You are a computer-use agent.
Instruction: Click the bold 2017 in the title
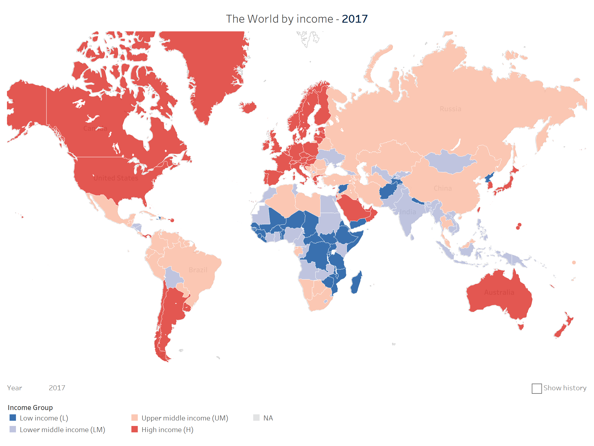point(354,19)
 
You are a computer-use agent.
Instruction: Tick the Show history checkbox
point(537,389)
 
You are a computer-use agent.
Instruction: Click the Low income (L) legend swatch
point(13,418)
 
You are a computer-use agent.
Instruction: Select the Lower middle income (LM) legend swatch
point(13,429)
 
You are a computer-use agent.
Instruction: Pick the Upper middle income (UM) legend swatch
point(135,418)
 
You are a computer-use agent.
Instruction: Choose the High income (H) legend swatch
point(135,429)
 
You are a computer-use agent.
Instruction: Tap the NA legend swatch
point(256,418)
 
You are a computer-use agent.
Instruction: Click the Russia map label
point(450,109)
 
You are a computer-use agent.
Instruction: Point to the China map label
point(443,188)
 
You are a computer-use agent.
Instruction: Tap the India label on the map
point(408,212)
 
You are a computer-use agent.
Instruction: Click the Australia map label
point(499,292)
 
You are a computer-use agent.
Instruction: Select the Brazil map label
point(198,270)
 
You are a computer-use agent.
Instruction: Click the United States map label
point(116,178)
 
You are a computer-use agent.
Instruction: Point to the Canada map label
point(95,128)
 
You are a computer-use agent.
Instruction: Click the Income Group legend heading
point(30,407)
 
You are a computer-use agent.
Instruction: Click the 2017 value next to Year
point(57,388)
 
